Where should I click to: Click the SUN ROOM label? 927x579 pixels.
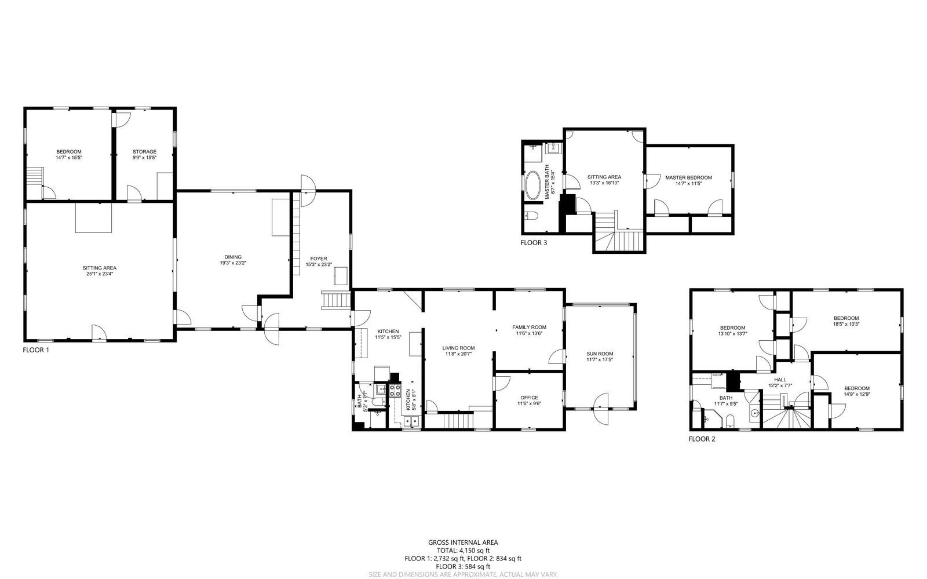600,354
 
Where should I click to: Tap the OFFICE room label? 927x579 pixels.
529,398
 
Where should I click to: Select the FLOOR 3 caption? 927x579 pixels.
534,243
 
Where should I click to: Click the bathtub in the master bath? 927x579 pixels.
532,185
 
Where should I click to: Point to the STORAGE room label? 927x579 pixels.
144,152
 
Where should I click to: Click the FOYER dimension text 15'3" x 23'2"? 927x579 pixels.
319,265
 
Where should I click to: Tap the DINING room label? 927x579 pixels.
233,257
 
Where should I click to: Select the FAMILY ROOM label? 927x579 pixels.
529,327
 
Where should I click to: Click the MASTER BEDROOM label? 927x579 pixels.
688,178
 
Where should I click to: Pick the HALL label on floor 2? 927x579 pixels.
780,380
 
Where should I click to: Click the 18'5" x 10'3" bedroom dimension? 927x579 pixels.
846,324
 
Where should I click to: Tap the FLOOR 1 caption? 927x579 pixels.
36,350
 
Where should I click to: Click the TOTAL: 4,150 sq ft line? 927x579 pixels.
463,551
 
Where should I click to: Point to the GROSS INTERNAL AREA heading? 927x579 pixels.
463,542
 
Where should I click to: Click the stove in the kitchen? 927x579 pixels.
395,391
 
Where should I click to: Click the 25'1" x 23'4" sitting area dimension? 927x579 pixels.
100,274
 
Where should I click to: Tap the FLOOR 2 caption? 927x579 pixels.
702,439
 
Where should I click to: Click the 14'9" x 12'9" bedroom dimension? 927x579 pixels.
856,394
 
